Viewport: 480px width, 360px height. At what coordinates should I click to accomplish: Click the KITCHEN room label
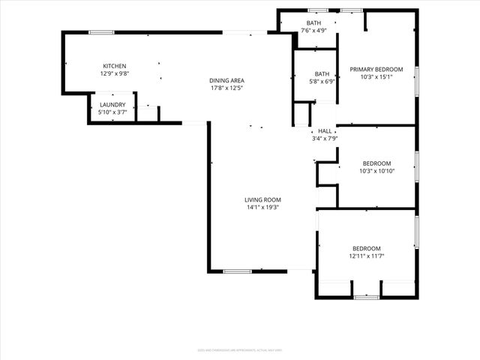(x=114, y=66)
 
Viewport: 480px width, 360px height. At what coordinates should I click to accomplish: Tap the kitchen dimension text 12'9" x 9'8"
(x=114, y=74)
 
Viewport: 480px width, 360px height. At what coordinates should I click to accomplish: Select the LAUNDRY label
(x=112, y=104)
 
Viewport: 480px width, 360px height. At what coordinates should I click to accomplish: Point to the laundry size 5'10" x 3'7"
(x=112, y=112)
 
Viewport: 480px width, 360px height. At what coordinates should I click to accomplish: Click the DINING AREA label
(x=226, y=80)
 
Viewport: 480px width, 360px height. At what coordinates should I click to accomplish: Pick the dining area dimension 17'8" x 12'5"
(x=226, y=88)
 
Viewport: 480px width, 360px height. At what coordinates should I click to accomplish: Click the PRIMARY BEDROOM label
(x=376, y=69)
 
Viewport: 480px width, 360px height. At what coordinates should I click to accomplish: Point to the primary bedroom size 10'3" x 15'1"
(x=376, y=77)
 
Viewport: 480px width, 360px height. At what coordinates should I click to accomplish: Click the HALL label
(x=325, y=130)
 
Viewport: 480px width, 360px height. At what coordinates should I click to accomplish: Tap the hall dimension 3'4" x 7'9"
(x=325, y=139)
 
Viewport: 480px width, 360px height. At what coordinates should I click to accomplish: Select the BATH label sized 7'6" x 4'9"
(x=313, y=23)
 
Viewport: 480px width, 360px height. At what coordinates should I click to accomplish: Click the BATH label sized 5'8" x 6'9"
(x=322, y=73)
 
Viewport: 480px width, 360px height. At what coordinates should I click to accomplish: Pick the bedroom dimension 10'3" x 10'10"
(x=376, y=171)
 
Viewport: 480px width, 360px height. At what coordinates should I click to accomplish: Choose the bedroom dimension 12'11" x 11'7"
(x=367, y=256)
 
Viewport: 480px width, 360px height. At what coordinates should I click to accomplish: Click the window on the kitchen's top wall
(x=101, y=32)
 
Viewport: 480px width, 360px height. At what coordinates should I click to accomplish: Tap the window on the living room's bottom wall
(x=237, y=271)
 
